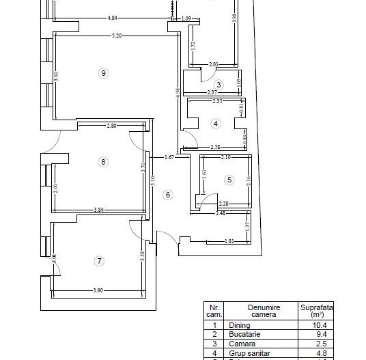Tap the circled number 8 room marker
tap(102, 162)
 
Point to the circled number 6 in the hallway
tap(168, 195)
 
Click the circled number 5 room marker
tap(229, 180)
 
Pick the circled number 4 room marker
tap(216, 124)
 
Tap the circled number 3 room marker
tap(219, 84)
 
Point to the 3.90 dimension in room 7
tap(99, 292)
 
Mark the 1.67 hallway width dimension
tap(170, 158)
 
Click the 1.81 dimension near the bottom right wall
tap(230, 241)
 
